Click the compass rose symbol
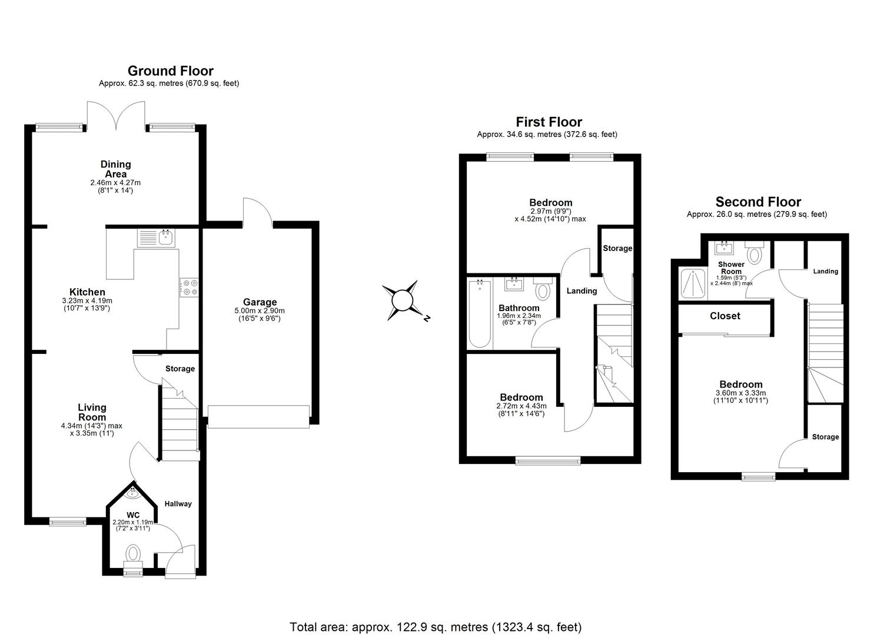404,300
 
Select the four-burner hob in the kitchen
190,287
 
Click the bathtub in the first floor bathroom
480,314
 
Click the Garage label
260,302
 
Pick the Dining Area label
115,169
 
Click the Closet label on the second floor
725,316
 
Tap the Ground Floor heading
170,71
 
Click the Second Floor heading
757,202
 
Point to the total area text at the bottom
436,626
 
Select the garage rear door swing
257,212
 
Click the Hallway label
178,504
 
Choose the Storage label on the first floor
617,248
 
